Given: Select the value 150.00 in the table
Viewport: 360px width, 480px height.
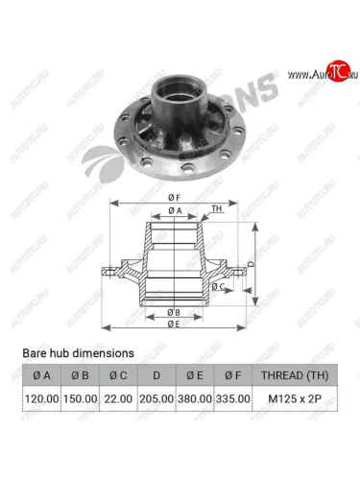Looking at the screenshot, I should coord(82,396).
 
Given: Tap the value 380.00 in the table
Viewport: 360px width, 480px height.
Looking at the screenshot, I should coord(195,396).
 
